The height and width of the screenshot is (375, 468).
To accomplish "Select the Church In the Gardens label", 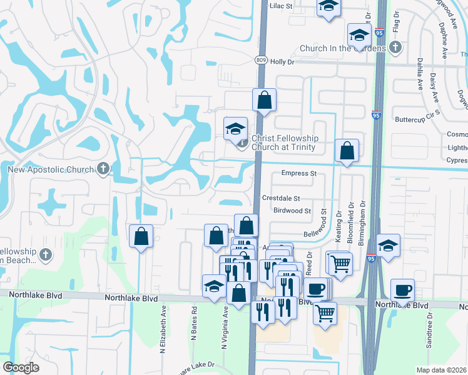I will click(343, 48).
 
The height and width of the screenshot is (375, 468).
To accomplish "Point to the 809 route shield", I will click(262, 60).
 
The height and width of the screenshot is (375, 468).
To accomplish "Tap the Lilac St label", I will click(281, 6).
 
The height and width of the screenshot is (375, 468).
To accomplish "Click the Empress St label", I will click(299, 173).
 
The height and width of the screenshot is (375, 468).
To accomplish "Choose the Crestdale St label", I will click(281, 197).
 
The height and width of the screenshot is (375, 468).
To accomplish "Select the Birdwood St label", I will click(292, 211).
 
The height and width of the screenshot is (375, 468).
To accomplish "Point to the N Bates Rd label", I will click(195, 324).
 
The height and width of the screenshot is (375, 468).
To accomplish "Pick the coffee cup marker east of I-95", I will click(402, 289).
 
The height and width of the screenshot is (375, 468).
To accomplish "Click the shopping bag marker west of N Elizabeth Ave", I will click(141, 236).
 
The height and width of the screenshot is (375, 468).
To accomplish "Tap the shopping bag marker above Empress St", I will click(347, 150).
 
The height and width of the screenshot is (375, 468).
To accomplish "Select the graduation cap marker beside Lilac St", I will click(328, 7).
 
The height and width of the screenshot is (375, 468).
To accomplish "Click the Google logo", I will click(21, 367).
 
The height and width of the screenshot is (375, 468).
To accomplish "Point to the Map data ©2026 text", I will click(442, 370).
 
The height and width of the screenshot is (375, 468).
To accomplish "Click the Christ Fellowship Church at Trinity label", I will click(285, 142).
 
